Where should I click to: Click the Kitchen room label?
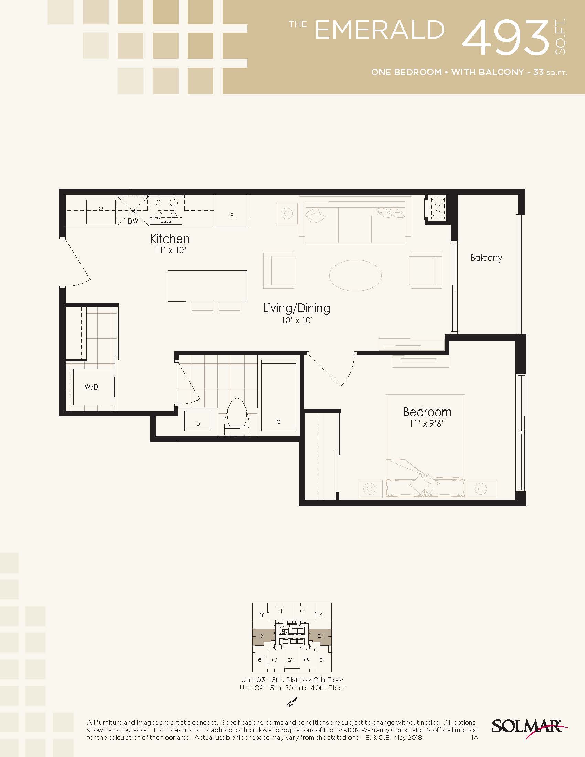point(170,239)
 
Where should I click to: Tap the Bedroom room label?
point(427,412)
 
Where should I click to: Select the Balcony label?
point(486,258)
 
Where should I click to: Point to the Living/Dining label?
point(296,308)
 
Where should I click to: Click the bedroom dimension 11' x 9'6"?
point(427,424)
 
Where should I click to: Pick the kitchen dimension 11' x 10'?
point(170,250)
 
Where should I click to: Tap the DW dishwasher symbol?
point(133,210)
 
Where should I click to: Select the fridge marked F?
point(231,211)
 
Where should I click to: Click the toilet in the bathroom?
point(237,417)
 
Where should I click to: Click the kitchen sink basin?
point(101,211)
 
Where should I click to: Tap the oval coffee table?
point(355,276)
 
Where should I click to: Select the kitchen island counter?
point(207,286)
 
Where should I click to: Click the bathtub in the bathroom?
point(279,395)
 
